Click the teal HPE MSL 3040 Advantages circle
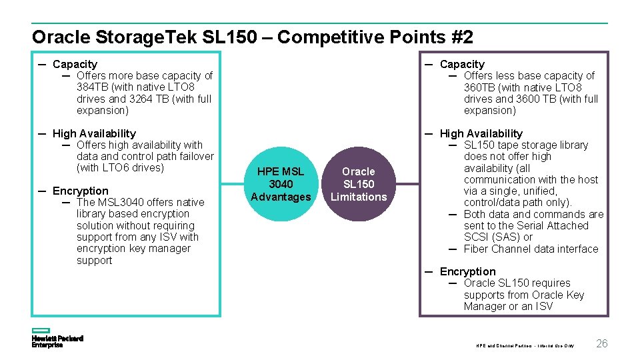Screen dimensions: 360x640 281,184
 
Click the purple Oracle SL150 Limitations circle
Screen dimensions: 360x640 359,184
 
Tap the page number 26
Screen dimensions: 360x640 601,343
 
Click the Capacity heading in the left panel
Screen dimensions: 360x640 75,64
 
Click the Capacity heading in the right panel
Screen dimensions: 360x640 462,64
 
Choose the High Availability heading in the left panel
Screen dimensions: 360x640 94,133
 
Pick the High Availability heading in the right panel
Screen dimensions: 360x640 481,133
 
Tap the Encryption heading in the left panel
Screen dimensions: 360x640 80,191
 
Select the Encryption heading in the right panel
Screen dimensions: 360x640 467,271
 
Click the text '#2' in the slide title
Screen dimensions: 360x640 462,37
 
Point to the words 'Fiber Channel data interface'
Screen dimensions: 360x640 531,249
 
